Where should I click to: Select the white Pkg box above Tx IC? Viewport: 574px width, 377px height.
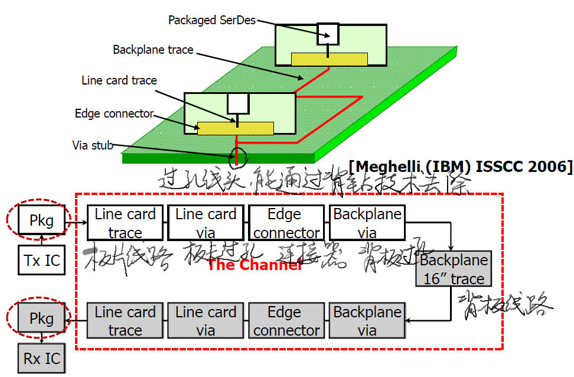click(41, 221)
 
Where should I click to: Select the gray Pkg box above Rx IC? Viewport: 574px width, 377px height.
click(41, 319)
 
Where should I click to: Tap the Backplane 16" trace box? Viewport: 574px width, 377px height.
click(454, 269)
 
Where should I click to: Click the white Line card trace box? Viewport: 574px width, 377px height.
click(125, 223)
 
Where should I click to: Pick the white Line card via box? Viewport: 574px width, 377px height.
click(206, 223)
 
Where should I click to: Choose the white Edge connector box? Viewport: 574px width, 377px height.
click(286, 223)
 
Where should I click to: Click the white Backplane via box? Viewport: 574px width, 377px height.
click(367, 223)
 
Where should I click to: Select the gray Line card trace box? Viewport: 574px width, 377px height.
click(125, 321)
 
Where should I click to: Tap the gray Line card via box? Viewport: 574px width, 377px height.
click(206, 321)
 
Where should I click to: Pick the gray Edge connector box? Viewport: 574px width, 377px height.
click(286, 321)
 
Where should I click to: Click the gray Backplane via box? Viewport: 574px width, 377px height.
click(367, 321)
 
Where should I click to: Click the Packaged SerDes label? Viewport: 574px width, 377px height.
click(212, 20)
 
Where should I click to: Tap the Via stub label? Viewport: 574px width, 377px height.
click(93, 145)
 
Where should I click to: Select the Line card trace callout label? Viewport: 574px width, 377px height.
click(119, 80)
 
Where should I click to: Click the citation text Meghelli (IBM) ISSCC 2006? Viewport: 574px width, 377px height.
click(461, 167)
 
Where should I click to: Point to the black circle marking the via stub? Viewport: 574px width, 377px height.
click(237, 157)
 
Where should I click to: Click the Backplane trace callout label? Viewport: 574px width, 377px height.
click(153, 50)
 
